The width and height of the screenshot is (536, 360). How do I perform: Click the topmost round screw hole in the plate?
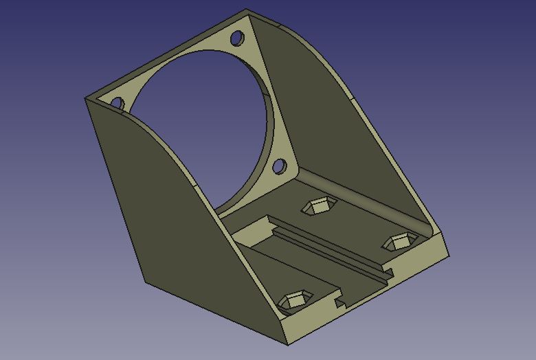tap(236, 37)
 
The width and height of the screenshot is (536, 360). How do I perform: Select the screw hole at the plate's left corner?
tap(117, 104)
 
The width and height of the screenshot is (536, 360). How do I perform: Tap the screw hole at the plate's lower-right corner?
tap(279, 166)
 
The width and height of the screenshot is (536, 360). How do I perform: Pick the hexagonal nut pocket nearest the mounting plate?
tap(318, 205)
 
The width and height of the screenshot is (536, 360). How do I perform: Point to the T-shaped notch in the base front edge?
tap(339, 301)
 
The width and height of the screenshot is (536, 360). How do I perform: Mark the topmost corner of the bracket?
tap(247, 10)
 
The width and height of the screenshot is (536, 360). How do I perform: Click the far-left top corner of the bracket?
tap(85, 98)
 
